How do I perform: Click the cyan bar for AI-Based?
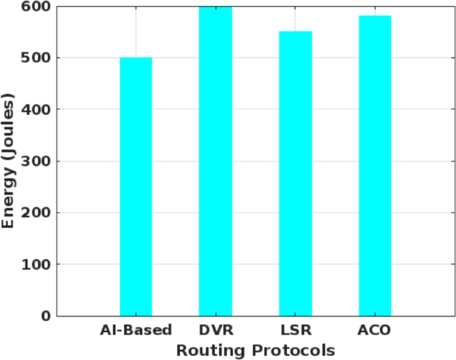click(136, 187)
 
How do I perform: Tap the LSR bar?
click(296, 174)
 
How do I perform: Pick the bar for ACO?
click(375, 166)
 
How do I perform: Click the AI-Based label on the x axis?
click(136, 330)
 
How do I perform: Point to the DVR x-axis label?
click(216, 330)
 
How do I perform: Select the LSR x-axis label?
click(296, 330)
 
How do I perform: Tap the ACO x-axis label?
click(375, 330)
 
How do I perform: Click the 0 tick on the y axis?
click(45, 316)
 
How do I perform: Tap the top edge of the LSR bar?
click(296, 32)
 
